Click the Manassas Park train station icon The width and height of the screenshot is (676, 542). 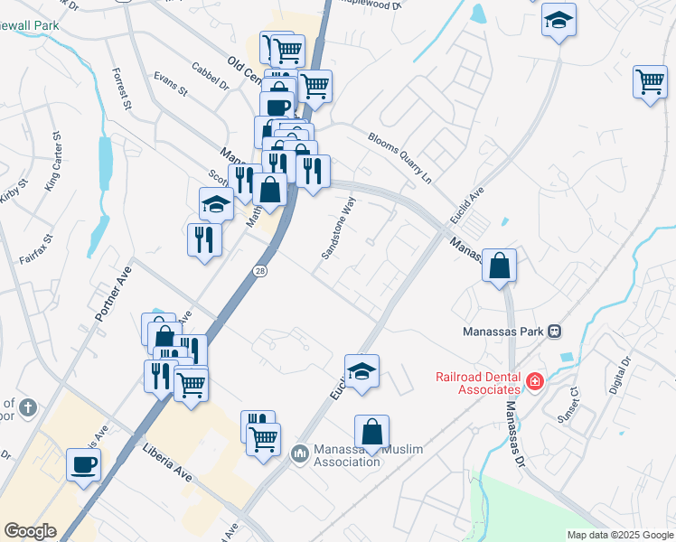tap(556, 331)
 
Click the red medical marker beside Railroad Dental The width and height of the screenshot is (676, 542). tap(535, 382)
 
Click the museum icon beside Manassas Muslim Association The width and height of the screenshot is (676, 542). tap(300, 452)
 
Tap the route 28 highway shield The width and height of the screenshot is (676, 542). tap(259, 270)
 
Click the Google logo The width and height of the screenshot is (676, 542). tap(30, 531)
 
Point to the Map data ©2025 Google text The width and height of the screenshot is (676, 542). tap(620, 535)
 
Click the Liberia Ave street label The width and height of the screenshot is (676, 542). tap(167, 461)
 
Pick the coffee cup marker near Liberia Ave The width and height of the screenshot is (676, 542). tap(84, 465)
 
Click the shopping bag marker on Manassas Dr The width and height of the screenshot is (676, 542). tap(499, 266)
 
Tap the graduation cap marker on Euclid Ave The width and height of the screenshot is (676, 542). tap(361, 371)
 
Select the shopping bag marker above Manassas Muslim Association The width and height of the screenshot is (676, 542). tap(371, 432)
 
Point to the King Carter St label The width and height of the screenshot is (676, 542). tap(52, 162)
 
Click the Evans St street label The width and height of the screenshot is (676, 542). tap(170, 85)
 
